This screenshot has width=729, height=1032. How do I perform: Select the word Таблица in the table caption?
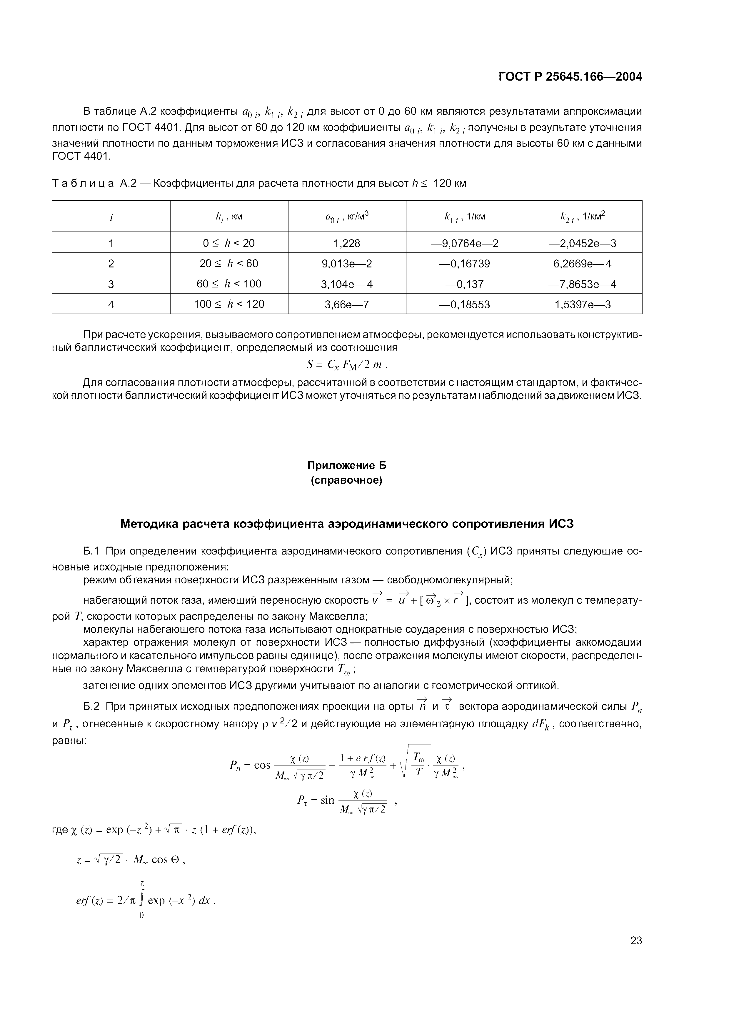click(x=83, y=183)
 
